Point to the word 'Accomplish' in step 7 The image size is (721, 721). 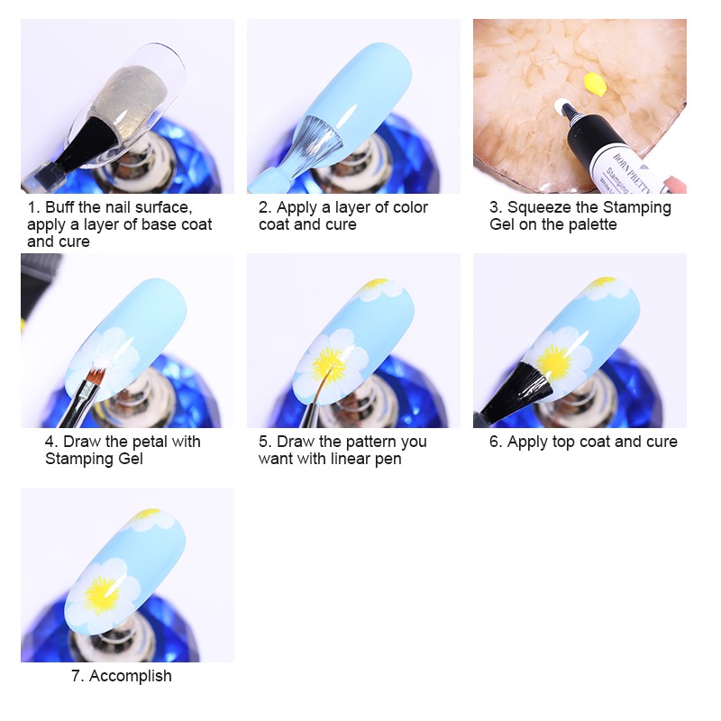tap(132, 675)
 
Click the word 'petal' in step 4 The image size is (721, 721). tap(150, 442)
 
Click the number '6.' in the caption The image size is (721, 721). tap(496, 442)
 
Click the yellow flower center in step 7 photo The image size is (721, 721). tap(100, 594)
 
